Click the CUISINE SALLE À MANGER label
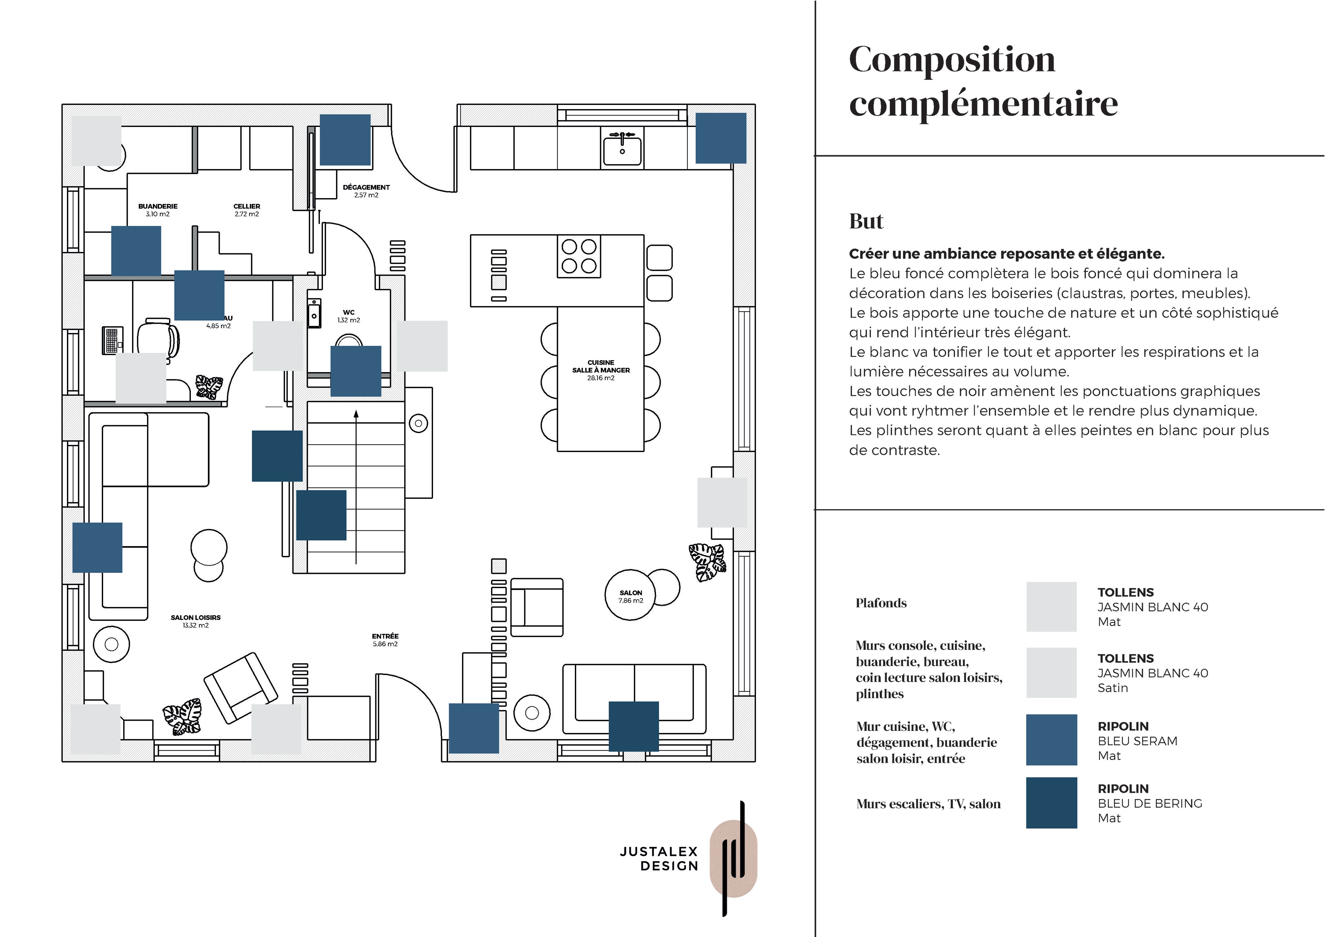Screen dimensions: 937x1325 point(601,367)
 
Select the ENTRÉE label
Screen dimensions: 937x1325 point(385,636)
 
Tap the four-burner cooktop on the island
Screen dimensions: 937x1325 point(578,256)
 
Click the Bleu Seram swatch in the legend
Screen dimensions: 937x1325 point(1051,740)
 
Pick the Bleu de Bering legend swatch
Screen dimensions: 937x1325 point(1051,802)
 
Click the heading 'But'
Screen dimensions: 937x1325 point(866,222)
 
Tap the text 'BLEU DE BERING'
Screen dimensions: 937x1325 point(1150,803)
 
